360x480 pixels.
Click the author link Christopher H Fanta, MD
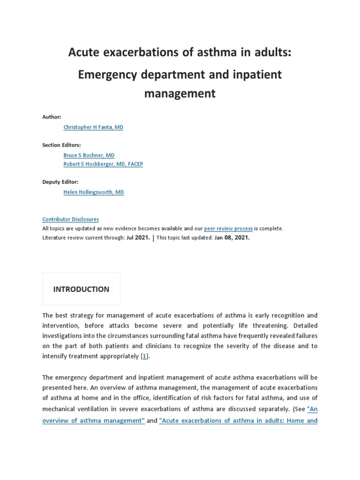pyautogui.click(x=93, y=127)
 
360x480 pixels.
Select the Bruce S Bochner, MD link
pyautogui.click(x=89, y=155)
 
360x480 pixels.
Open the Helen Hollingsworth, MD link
pyautogui.click(x=94, y=192)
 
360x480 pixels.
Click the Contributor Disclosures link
pyautogui.click(x=70, y=219)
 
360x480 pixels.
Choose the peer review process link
pyautogui.click(x=228, y=229)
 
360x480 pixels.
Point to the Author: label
pyautogui.click(x=52, y=117)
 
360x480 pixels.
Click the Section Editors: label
pyautogui.click(x=61, y=145)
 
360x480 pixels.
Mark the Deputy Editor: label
pyautogui.click(x=60, y=182)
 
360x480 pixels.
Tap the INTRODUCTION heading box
pyautogui.click(x=81, y=289)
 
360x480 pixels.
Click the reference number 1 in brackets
pyautogui.click(x=144, y=357)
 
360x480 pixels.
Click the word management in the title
pyautogui.click(x=180, y=93)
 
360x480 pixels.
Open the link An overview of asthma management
pyautogui.click(x=94, y=420)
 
